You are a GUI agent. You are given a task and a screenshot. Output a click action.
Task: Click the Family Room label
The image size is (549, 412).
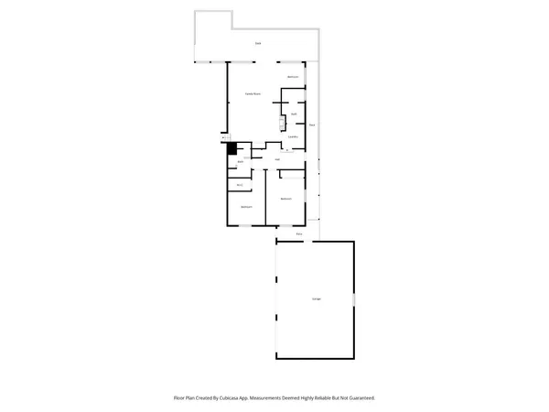tap(252, 94)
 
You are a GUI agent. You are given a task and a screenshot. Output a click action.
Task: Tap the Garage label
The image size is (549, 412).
tap(316, 299)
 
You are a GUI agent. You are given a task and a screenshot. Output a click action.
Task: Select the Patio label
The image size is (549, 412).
tap(299, 234)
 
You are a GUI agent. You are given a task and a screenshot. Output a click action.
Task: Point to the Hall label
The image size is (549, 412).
tap(276, 159)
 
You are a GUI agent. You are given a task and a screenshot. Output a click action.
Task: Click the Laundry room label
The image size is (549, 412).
tap(293, 136)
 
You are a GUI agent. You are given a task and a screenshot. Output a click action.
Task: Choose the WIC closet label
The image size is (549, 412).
tap(239, 185)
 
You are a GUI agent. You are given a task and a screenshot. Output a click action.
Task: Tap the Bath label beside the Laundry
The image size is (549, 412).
tap(293, 114)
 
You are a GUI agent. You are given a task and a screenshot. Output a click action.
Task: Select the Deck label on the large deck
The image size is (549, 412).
tap(257, 43)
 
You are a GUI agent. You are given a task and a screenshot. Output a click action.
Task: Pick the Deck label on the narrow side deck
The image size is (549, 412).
tap(312, 124)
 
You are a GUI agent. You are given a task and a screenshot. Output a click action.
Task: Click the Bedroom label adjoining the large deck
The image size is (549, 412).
tap(293, 77)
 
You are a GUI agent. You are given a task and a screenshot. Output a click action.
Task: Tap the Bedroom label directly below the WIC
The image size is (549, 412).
tap(246, 207)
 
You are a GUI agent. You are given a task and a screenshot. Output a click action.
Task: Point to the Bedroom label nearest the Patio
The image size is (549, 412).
tap(285, 199)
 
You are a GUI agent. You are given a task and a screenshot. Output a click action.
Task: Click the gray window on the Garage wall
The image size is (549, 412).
tap(354, 301)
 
